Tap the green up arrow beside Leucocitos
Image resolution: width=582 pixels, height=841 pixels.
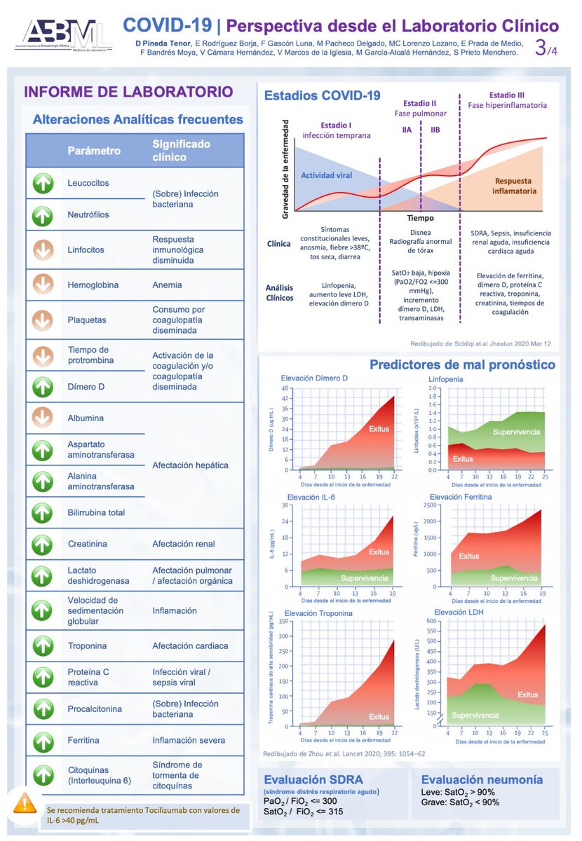click(43, 183)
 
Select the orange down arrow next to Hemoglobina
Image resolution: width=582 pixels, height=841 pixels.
click(43, 285)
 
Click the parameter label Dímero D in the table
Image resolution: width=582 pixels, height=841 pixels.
click(86, 386)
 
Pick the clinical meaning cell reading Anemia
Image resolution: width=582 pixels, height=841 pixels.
click(167, 285)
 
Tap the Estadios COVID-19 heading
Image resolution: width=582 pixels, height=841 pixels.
click(322, 96)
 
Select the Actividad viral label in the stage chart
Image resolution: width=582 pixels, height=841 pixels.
click(326, 175)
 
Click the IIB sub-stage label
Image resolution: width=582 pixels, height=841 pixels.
click(435, 130)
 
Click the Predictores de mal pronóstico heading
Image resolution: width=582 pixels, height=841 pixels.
click(462, 365)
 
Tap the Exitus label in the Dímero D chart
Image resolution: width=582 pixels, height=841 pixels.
click(379, 428)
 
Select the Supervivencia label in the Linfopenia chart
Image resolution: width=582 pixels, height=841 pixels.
click(516, 432)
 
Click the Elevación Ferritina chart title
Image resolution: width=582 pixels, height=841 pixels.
click(461, 497)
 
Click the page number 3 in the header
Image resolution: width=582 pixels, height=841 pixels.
click(541, 47)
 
